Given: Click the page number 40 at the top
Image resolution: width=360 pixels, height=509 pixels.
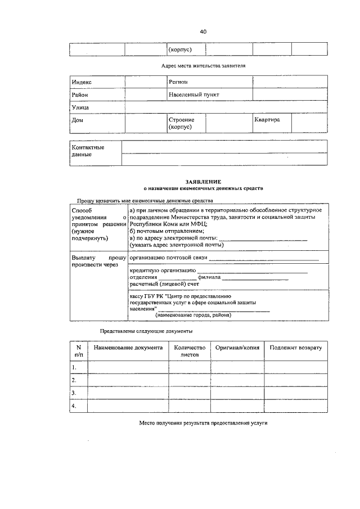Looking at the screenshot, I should point(203,31).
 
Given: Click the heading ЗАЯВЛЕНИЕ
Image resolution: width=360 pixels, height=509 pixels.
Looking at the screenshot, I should point(203,182).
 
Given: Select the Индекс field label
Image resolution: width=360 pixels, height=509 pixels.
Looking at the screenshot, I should point(82,83).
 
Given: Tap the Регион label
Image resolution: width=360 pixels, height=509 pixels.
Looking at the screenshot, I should point(178,83).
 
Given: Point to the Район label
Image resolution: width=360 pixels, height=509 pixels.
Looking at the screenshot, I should point(80,95).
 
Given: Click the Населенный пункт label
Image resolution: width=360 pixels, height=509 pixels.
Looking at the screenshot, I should point(193,95).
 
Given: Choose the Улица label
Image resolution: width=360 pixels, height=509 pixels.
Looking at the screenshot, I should point(80,107).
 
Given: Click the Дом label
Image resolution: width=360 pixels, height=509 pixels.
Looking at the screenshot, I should point(78,120).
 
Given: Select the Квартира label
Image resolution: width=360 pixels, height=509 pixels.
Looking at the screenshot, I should point(267,120).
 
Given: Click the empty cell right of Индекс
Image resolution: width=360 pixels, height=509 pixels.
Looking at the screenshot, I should point(145,83).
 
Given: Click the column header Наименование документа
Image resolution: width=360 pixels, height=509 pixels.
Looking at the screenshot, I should point(128,348).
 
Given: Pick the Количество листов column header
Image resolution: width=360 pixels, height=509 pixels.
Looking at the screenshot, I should point(190,352).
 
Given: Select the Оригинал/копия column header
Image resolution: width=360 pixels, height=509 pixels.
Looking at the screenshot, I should point(237,348).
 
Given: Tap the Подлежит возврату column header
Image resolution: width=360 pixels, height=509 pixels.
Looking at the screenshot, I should point(295,348).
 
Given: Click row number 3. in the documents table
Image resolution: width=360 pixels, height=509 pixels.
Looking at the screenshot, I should point(74,393).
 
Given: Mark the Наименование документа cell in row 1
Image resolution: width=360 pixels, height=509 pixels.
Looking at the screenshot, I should point(128,367).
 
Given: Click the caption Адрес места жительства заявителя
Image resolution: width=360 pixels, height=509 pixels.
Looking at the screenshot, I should point(203,66).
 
